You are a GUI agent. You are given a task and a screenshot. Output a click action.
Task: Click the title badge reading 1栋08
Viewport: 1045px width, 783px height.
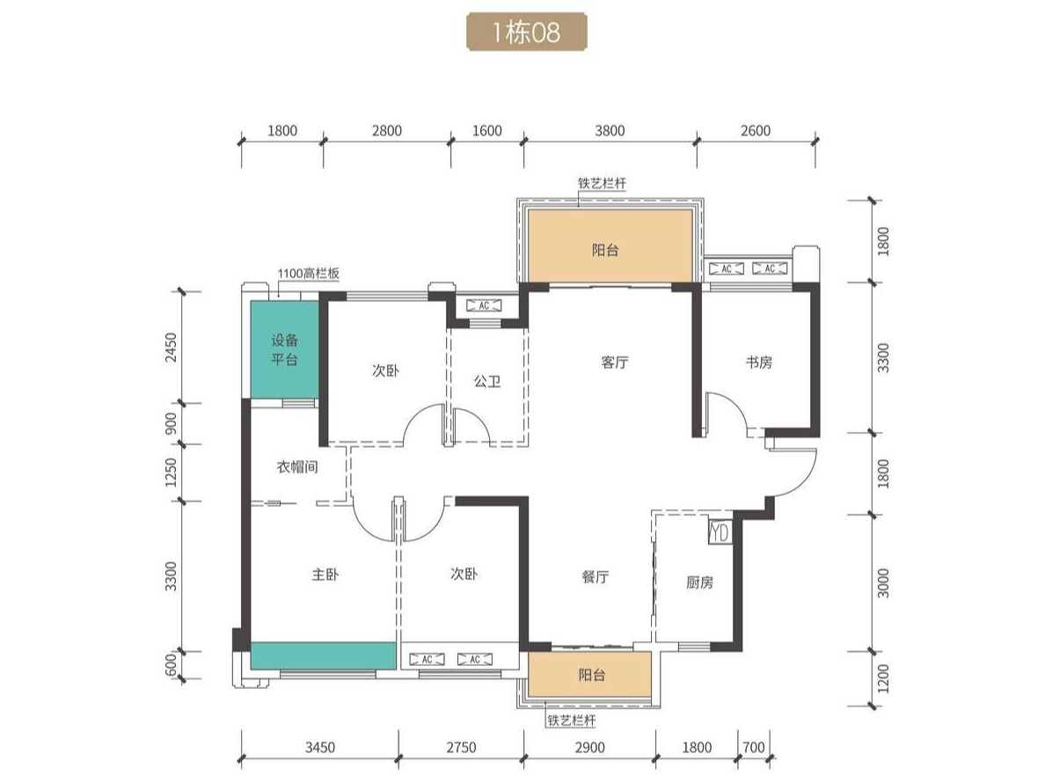click(527, 32)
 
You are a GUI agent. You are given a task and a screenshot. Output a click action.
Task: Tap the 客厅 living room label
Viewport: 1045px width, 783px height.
click(615, 362)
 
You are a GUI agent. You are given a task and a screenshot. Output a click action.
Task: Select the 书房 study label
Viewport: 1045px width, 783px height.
click(758, 362)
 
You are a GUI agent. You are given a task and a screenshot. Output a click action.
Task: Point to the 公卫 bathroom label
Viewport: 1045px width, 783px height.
click(487, 381)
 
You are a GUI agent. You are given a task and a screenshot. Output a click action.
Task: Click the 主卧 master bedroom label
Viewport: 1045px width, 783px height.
click(325, 574)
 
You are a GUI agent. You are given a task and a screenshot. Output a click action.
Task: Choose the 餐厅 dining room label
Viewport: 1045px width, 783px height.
click(596, 577)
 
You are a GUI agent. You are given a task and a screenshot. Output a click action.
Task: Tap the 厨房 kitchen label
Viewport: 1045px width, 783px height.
click(700, 582)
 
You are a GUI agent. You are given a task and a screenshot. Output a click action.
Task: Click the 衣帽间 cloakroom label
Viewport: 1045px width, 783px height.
click(297, 467)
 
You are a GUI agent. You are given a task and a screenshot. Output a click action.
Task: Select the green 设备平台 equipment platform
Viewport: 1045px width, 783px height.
click(285, 350)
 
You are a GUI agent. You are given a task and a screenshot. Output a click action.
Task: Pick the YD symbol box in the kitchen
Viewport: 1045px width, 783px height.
click(720, 532)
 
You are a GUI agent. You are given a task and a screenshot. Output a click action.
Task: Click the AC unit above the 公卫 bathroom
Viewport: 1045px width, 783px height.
click(485, 306)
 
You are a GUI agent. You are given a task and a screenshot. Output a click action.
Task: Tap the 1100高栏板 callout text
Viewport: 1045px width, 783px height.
click(309, 274)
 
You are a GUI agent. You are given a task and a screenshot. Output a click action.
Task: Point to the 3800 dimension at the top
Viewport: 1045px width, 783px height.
click(610, 130)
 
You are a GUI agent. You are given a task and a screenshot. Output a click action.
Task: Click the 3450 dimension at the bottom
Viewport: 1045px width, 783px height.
click(320, 748)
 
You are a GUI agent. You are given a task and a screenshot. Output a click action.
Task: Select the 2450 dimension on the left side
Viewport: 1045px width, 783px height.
click(172, 348)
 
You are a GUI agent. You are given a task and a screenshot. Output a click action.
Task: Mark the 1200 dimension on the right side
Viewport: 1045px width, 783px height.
click(883, 677)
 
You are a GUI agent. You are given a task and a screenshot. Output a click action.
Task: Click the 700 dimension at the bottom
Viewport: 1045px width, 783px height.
click(754, 748)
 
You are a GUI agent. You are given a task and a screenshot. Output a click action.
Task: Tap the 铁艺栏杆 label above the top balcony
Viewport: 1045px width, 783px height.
click(603, 183)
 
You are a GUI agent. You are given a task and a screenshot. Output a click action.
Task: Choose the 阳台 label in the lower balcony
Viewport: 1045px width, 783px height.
click(592, 675)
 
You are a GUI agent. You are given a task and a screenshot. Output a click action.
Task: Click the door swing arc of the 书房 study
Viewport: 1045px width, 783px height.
click(730, 406)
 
